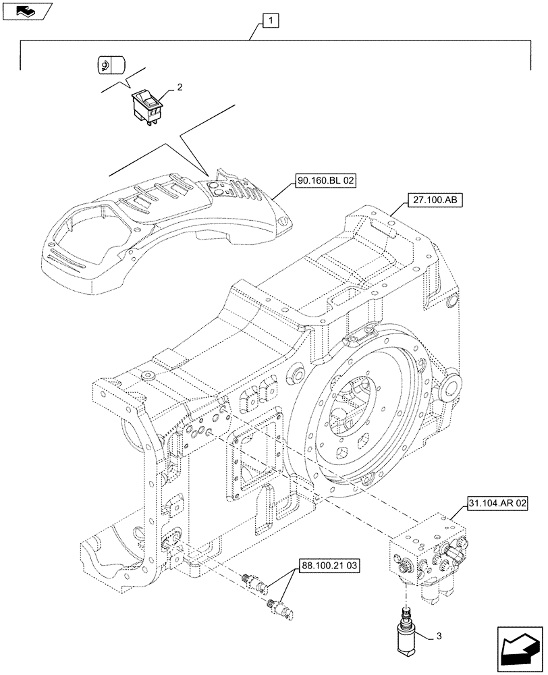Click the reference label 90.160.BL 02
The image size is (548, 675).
coord(325,181)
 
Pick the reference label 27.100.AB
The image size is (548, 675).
coord(433,200)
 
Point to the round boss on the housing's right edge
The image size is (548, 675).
coord(451,387)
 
